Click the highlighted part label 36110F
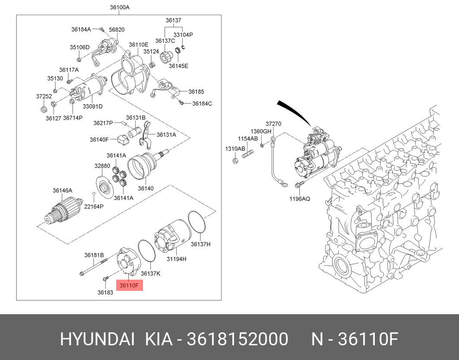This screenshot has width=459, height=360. coord(129,285)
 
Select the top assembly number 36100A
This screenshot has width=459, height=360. coord(120,7)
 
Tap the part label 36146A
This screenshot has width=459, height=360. coord(62,191)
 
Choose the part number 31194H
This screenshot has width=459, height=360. coord(177,259)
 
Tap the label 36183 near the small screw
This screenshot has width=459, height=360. coord(105,293)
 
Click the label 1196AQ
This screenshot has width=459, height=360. coord(300,199)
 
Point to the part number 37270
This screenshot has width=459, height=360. coord(273,124)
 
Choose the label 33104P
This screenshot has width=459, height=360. coord(183,35)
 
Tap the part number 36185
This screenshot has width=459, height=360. coord(196,92)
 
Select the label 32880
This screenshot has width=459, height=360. coord(102,166)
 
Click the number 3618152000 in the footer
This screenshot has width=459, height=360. coord(237,340)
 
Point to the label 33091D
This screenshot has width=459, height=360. coord(93,106)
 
